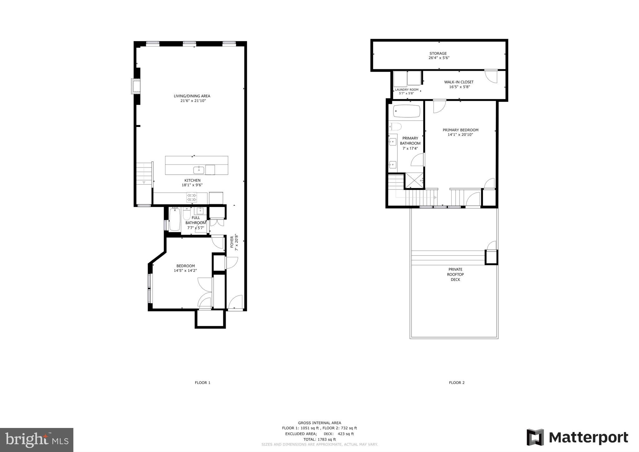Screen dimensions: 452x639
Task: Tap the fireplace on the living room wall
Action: [x=136, y=86]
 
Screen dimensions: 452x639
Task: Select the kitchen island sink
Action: [x=199, y=170]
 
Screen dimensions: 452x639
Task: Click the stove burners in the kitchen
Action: [x=192, y=197]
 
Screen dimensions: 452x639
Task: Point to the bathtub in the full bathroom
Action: [x=175, y=219]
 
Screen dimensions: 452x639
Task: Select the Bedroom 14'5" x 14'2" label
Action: [x=185, y=268]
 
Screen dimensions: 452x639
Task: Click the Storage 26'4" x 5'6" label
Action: [x=439, y=56]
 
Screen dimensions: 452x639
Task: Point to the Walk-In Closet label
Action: [x=459, y=82]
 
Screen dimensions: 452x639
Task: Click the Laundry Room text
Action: [x=406, y=90]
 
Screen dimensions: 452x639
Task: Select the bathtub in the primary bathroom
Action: [x=406, y=111]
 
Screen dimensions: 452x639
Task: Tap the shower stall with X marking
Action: [x=414, y=180]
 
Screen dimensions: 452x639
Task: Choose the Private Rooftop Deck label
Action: [x=455, y=274]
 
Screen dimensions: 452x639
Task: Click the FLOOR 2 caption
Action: [x=457, y=382]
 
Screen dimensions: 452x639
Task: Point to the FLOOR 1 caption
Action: [x=203, y=382]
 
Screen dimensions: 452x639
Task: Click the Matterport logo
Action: [x=577, y=437]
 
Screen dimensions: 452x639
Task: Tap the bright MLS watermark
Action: [x=37, y=440]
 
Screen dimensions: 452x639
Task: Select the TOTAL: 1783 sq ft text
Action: [x=319, y=439]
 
